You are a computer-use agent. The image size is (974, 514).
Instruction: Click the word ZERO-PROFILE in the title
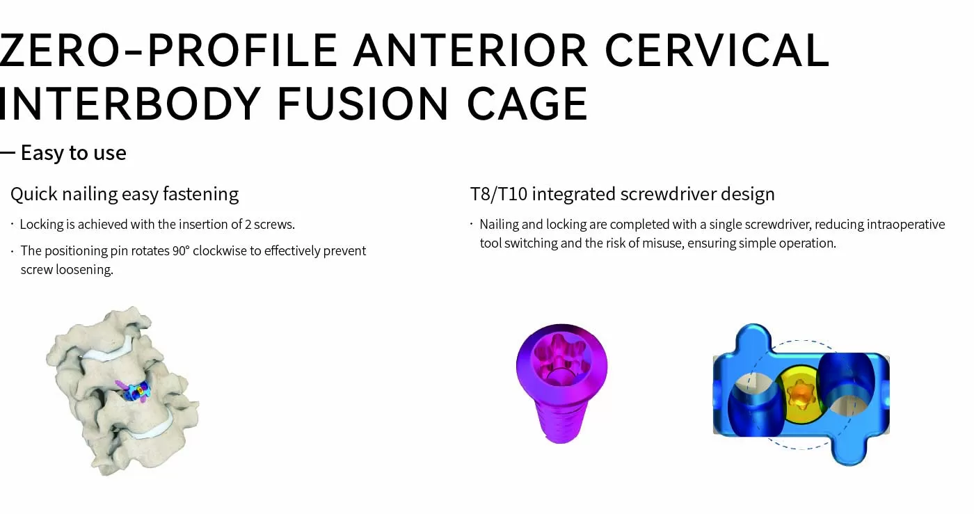click(x=167, y=50)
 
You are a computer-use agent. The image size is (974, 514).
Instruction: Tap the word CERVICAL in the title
click(x=717, y=50)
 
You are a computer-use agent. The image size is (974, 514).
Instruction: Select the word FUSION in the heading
click(x=362, y=104)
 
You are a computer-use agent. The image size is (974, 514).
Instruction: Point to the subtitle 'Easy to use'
click(x=73, y=153)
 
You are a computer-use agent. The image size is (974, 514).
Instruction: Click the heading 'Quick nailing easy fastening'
click(x=125, y=194)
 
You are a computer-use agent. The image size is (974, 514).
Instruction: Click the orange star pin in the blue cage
click(x=799, y=394)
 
